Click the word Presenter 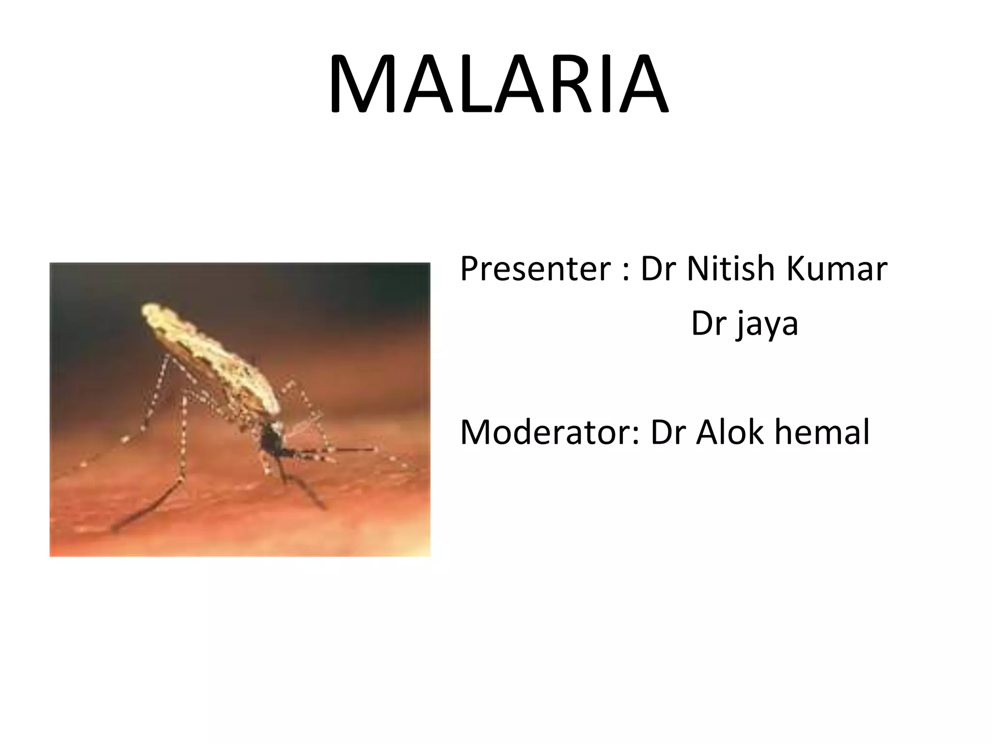[535, 269]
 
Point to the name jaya [768, 325]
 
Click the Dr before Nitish [659, 269]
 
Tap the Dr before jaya [708, 324]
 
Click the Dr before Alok [668, 432]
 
